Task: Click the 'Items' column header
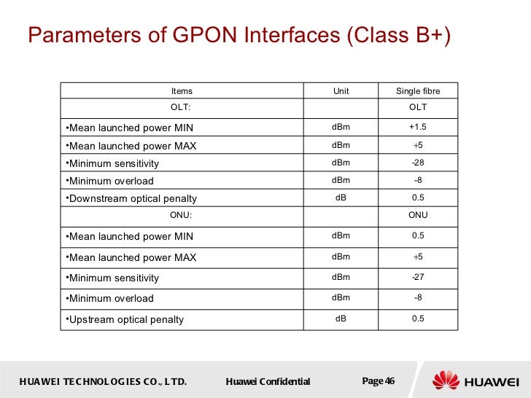pos(182,91)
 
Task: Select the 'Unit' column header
pos(341,91)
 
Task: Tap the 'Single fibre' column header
pos(418,91)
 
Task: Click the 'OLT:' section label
pos(181,107)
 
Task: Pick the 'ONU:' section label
pos(181,215)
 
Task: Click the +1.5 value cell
pos(418,128)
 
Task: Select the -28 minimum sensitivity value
pos(418,163)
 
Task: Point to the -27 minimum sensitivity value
pos(418,277)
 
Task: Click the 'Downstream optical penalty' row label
pos(131,198)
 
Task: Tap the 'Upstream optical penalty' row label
pos(125,319)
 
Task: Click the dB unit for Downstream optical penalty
pos(341,198)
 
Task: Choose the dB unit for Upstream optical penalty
pos(341,319)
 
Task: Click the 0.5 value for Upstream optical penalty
pos(418,319)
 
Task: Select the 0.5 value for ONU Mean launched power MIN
pos(418,235)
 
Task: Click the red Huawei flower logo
pos(446,381)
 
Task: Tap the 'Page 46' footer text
pos(378,381)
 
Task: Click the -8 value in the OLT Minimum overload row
pos(418,180)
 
